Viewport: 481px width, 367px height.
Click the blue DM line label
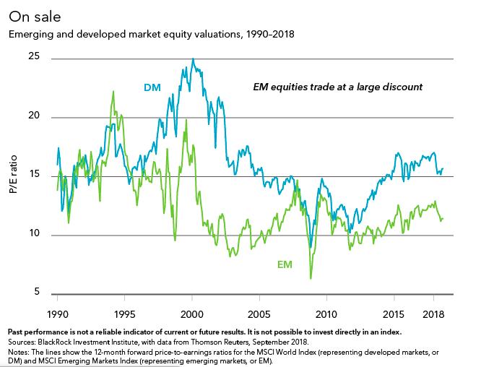[x=152, y=89]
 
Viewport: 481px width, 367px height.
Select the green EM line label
[x=285, y=265]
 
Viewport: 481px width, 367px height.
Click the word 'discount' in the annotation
[x=402, y=87]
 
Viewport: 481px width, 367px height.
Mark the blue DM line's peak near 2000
[x=192, y=59]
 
